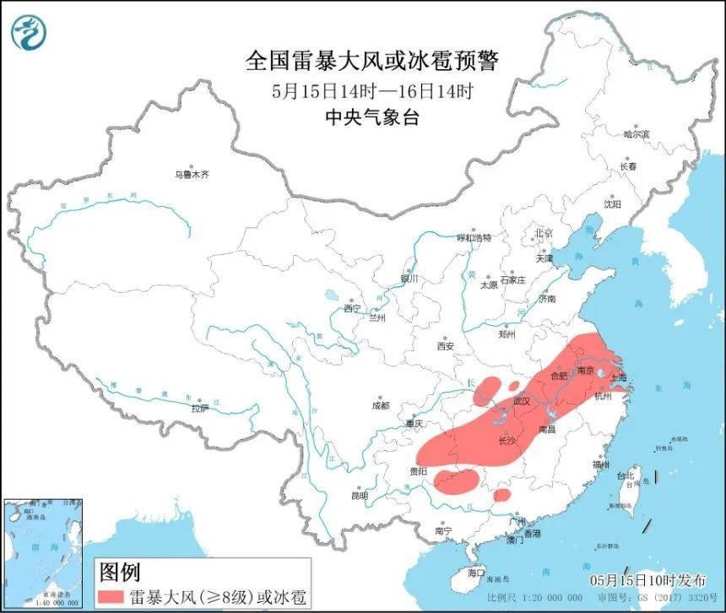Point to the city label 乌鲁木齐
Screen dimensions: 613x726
[191, 175]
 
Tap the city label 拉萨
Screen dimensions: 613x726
[198, 408]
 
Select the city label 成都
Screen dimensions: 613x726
[381, 405]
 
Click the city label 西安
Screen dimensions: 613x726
[446, 345]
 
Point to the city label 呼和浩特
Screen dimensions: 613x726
[473, 238]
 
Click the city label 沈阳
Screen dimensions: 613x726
[611, 203]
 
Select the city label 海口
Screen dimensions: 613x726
[478, 572]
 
